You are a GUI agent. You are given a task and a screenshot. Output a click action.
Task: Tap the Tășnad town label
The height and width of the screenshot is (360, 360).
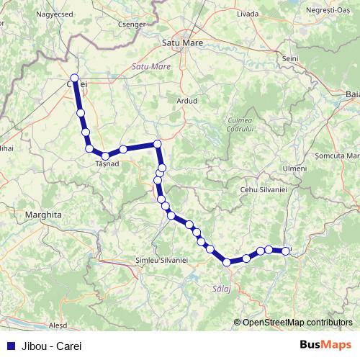(107, 164)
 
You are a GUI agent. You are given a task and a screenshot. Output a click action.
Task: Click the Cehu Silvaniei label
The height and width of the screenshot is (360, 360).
(264, 189)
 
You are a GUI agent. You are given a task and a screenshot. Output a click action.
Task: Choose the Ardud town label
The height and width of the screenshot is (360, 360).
(186, 101)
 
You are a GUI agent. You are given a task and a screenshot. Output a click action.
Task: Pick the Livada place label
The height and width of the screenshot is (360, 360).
(248, 13)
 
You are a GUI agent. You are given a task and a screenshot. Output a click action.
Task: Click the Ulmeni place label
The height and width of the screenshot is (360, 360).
(295, 168)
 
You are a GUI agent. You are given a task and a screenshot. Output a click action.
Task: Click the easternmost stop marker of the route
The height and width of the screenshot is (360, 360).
(286, 251)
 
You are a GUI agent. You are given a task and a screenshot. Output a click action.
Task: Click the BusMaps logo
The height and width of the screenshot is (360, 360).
(326, 344)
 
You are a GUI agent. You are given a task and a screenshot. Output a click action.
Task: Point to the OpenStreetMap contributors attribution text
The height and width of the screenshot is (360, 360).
(297, 322)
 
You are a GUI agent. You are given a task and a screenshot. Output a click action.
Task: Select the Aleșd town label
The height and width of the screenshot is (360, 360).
(57, 325)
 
